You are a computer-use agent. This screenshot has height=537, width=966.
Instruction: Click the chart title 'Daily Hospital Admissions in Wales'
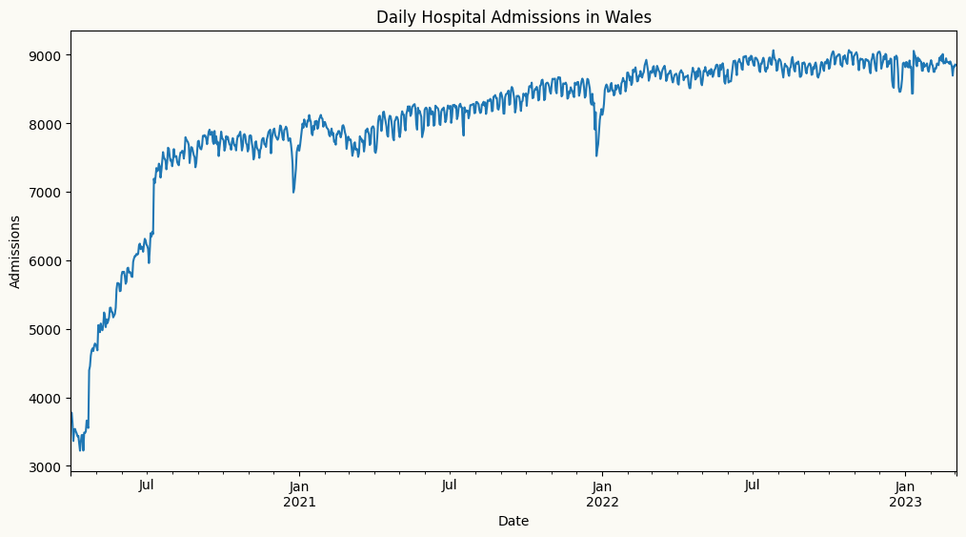(x=513, y=17)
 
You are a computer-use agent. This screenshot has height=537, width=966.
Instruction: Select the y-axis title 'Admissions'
(x=15, y=252)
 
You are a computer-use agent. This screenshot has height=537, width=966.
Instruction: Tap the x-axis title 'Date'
(x=513, y=521)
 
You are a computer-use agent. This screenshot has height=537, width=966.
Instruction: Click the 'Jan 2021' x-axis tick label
(x=299, y=493)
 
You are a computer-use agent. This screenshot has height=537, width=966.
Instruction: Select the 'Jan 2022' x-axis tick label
(x=602, y=493)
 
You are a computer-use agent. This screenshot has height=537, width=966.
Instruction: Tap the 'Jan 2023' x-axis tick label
(x=905, y=493)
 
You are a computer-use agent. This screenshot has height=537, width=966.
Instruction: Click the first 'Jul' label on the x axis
(x=147, y=485)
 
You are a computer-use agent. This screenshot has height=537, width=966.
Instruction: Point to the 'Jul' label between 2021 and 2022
(x=450, y=485)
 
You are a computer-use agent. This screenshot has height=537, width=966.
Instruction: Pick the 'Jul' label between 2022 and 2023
(x=753, y=485)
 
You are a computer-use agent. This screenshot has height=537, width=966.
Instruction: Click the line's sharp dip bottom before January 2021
(x=293, y=193)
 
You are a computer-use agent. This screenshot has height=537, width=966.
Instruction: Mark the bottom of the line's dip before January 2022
(x=596, y=156)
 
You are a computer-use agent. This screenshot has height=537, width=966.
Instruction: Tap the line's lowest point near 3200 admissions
(x=82, y=450)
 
